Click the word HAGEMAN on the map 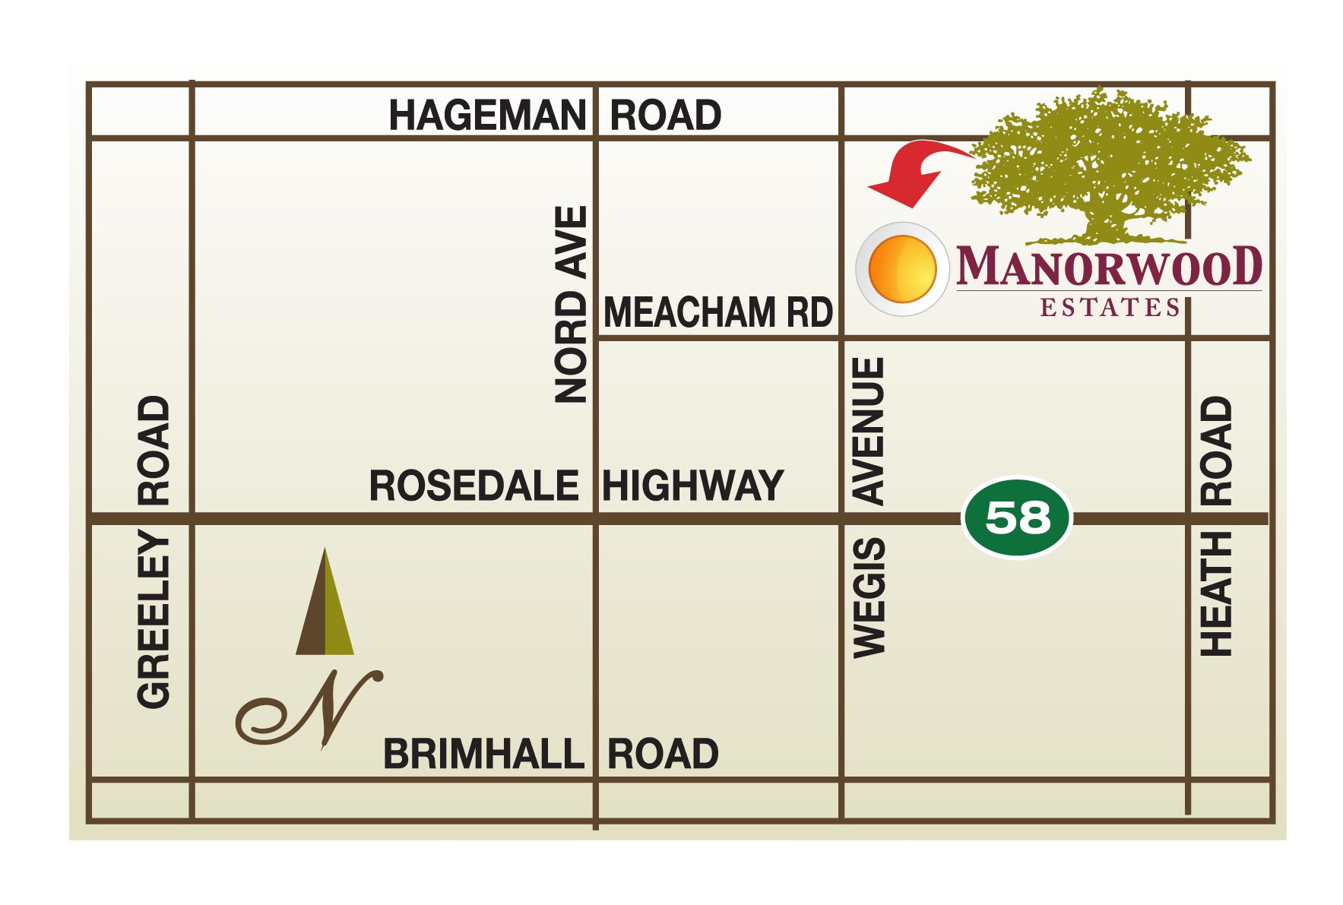point(487,115)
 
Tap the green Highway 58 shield point(1017,517)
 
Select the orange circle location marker point(902,269)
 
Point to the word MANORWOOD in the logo point(1108,266)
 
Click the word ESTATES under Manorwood point(1109,307)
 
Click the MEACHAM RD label point(717,312)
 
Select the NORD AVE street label point(572,304)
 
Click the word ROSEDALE point(474,486)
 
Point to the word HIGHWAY point(692,486)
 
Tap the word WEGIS point(869,596)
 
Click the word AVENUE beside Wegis point(869,431)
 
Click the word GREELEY point(154,621)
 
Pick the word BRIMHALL point(483,755)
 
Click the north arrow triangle point(325,604)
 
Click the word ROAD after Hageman point(665,115)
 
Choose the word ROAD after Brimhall point(663,755)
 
